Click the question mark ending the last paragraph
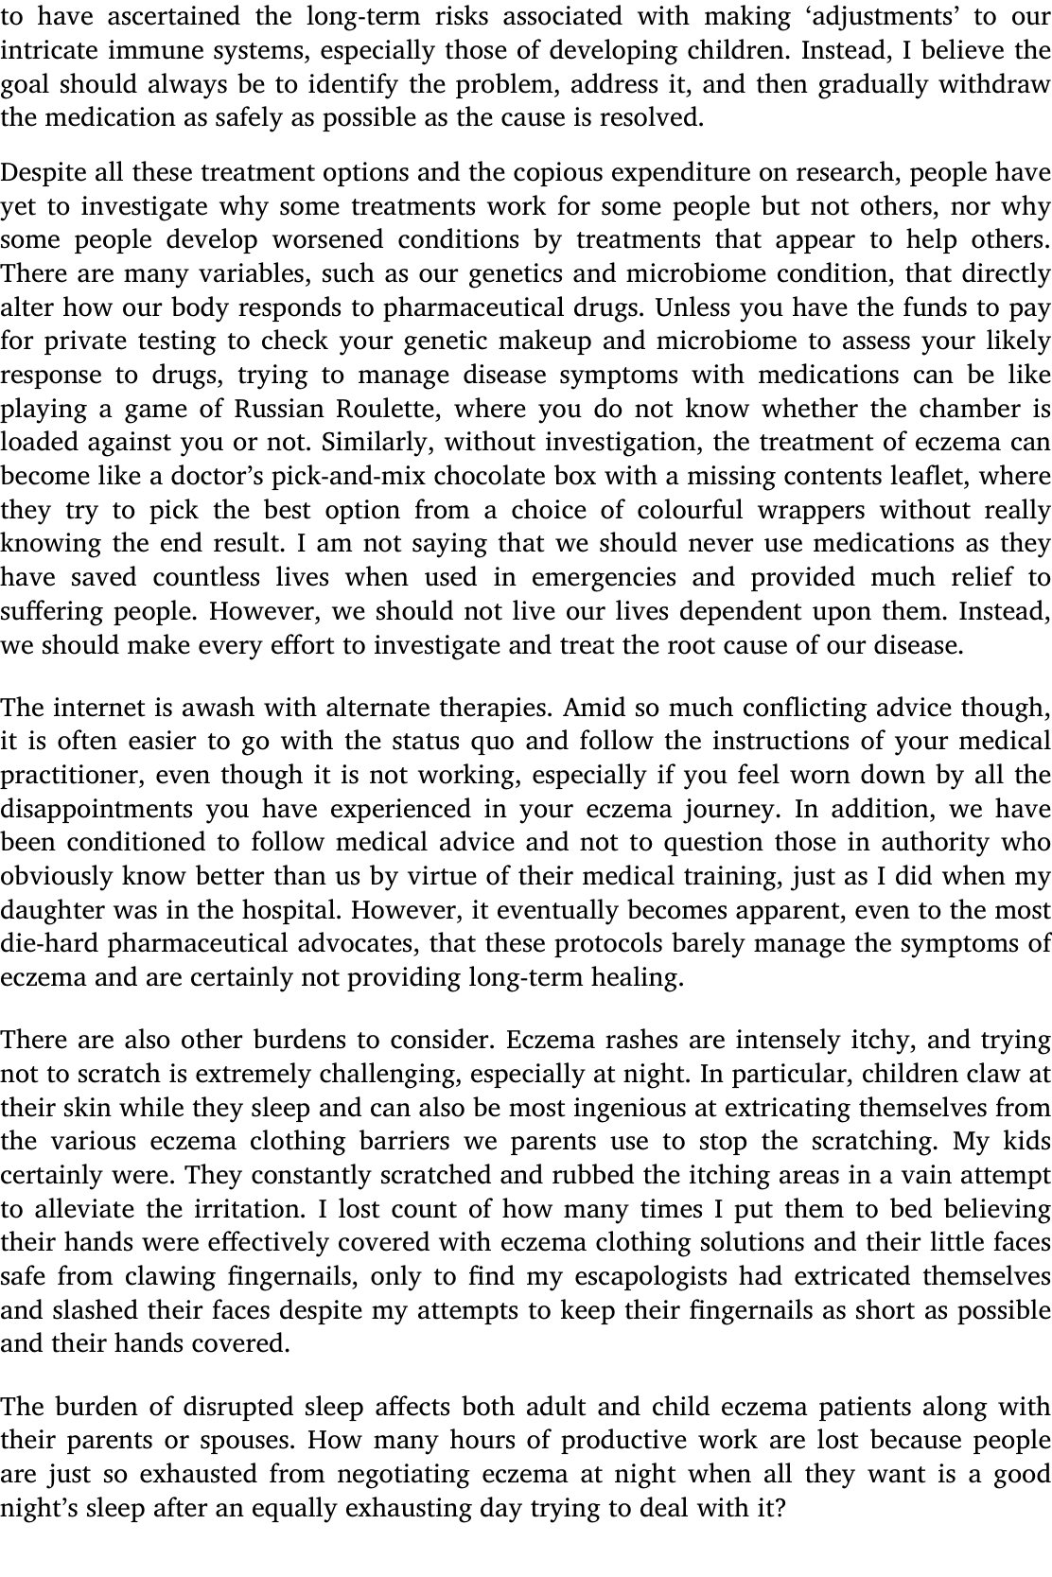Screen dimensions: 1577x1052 pyautogui.click(x=780, y=1508)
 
